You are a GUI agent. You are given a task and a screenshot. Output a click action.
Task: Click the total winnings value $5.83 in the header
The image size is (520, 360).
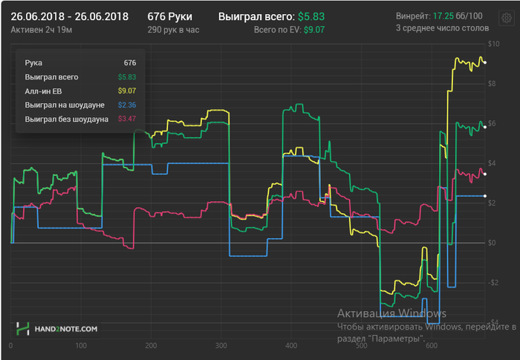pyautogui.click(x=311, y=16)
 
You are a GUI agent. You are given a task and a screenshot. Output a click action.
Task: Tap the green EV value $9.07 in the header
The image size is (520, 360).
pyautogui.click(x=315, y=30)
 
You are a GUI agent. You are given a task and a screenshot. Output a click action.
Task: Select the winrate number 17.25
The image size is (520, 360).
pyautogui.click(x=443, y=16)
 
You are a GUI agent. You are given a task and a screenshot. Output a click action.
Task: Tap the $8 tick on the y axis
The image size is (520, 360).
pyautogui.click(x=491, y=83)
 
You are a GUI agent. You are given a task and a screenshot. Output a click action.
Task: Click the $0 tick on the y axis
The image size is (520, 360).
pyautogui.click(x=491, y=243)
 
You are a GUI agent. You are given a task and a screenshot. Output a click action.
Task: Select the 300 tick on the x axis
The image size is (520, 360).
pyautogui.click(x=221, y=346)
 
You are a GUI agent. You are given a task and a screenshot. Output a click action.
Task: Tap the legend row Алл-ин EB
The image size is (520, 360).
pyautogui.click(x=42, y=91)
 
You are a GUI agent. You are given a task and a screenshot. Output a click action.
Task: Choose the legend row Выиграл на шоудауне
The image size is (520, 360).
pyautogui.click(x=64, y=105)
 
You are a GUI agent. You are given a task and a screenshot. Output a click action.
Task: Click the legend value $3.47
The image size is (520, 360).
pyautogui.click(x=127, y=119)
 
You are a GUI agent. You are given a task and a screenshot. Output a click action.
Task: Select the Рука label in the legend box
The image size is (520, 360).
pyautogui.click(x=33, y=63)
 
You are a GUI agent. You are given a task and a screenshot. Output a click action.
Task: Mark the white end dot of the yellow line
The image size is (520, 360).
pyautogui.click(x=485, y=62)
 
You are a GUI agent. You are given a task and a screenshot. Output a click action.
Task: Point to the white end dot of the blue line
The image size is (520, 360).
pyautogui.click(x=485, y=196)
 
